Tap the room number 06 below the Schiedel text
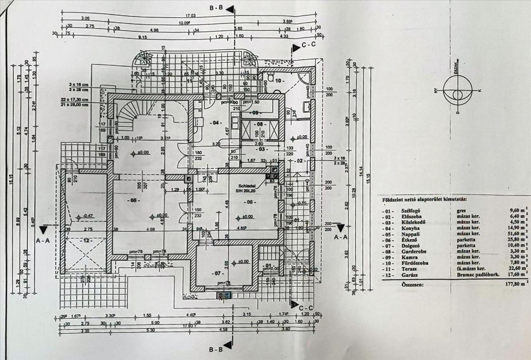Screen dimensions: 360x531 pyautogui.click(x=250, y=202)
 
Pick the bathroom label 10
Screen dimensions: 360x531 pyautogui.click(x=279, y=81)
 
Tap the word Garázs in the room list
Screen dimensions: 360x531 pyautogui.click(x=408, y=275)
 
